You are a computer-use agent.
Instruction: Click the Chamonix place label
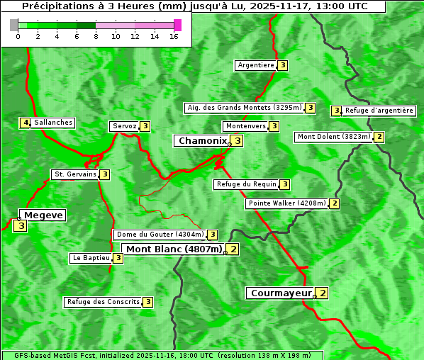coord(202,141)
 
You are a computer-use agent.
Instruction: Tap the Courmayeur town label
coord(281,293)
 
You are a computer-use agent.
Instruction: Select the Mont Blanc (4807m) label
coord(174,249)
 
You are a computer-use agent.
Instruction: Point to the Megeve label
coord(44,215)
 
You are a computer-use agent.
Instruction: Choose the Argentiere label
coord(256,65)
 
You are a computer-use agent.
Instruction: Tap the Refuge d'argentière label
coord(379,111)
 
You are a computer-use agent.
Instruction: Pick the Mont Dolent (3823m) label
coord(333,137)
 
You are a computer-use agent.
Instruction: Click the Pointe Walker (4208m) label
coord(287,203)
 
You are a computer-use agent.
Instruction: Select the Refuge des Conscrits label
coord(104,302)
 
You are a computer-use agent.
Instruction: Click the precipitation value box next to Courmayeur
coord(323,293)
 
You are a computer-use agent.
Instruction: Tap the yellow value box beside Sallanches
coord(26,123)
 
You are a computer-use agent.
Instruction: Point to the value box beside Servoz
coord(145,126)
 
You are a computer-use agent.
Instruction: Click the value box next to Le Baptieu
coord(118,258)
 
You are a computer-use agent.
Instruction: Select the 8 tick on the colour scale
coord(96,37)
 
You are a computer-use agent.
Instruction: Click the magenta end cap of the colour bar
coord(177,25)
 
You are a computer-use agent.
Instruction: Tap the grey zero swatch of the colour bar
coord(14,25)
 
